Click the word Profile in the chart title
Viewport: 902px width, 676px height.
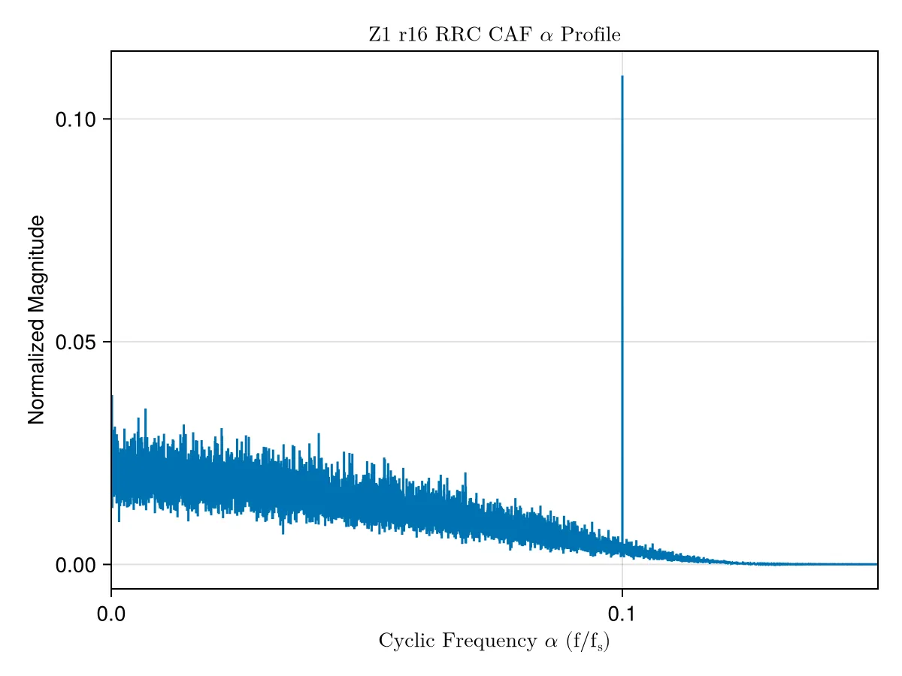coord(590,35)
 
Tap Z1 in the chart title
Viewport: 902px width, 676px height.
coord(379,35)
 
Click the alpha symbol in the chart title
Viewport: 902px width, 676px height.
coord(546,36)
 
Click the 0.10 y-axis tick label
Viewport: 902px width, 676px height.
coord(75,120)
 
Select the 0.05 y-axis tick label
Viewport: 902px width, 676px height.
coord(75,342)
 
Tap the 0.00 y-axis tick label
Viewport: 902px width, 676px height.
coord(75,565)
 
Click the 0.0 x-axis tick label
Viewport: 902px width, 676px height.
coord(111,614)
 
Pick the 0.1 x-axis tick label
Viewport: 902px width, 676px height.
coord(621,614)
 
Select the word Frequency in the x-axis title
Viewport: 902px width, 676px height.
coord(489,641)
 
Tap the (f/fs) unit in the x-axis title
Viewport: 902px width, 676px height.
coord(588,641)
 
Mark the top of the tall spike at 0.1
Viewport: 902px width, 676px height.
coord(622,77)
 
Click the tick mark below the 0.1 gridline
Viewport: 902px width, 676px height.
coord(622,593)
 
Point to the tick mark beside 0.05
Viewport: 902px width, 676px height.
coord(107,342)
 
